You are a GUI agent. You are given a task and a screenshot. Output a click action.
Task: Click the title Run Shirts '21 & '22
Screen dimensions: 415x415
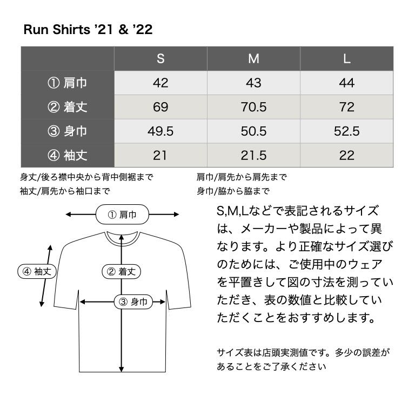[88, 29]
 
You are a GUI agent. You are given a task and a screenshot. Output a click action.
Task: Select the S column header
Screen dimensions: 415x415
[160, 58]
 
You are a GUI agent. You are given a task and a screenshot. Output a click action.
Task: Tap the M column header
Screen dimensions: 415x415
[253, 58]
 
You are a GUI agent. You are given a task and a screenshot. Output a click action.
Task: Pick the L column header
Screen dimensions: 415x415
[347, 58]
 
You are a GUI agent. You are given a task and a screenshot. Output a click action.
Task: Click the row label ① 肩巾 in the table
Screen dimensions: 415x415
[67, 83]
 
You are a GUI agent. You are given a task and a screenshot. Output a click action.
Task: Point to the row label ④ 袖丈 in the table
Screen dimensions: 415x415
[67, 155]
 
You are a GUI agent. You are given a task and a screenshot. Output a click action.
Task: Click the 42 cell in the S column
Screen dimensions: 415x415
[160, 83]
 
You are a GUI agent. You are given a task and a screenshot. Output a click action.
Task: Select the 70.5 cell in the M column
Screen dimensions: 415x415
[253, 107]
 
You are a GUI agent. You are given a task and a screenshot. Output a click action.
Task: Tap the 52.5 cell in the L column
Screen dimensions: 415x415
[347, 131]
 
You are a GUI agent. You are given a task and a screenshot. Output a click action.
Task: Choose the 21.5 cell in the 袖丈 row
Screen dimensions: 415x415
[253, 155]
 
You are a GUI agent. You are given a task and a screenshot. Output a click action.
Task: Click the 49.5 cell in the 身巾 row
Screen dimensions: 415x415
[160, 131]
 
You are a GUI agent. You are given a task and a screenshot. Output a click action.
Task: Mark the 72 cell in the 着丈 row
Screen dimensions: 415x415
[347, 107]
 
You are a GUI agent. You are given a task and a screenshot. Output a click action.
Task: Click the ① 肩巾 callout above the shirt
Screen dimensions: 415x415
[122, 215]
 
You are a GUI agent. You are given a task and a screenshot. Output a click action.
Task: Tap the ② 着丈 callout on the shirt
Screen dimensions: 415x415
[121, 272]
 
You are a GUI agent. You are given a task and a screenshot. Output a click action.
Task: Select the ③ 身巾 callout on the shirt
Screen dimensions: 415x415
[133, 302]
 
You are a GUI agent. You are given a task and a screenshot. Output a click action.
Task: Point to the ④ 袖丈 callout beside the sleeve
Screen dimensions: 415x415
[37, 271]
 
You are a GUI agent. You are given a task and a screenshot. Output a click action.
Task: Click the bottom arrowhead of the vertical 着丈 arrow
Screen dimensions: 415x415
[121, 369]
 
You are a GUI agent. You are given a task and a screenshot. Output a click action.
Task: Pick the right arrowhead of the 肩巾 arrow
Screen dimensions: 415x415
[176, 215]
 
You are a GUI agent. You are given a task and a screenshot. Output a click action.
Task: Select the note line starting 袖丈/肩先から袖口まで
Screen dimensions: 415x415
[65, 191]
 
